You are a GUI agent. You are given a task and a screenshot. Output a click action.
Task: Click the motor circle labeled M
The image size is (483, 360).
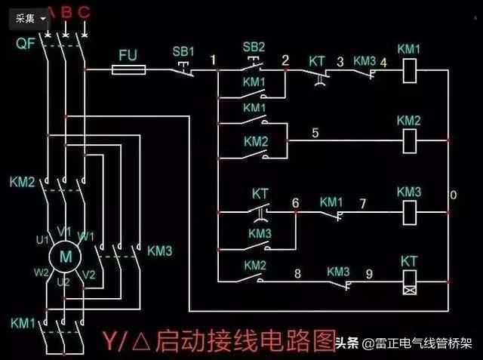click(65, 255)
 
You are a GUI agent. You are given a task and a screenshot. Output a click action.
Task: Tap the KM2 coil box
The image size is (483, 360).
click(408, 137)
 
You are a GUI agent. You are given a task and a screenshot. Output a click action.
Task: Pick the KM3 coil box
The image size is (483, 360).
click(408, 211)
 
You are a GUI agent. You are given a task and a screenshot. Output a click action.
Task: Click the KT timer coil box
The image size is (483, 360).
click(408, 282)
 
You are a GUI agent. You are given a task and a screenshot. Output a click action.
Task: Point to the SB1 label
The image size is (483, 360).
click(183, 51)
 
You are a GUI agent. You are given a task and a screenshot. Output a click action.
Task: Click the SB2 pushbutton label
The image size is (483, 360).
click(254, 47)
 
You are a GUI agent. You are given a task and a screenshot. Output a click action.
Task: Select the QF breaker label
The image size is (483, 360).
click(24, 43)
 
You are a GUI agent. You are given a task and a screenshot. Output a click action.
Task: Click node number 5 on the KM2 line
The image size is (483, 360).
click(315, 133)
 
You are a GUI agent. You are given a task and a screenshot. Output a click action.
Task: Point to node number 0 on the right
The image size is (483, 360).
click(453, 195)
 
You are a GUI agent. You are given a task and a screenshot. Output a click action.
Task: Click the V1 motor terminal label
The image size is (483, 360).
click(65, 231)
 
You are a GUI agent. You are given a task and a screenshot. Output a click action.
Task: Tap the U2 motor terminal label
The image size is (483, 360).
click(65, 281)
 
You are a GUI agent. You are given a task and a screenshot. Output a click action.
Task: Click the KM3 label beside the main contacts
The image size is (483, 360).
click(160, 250)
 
